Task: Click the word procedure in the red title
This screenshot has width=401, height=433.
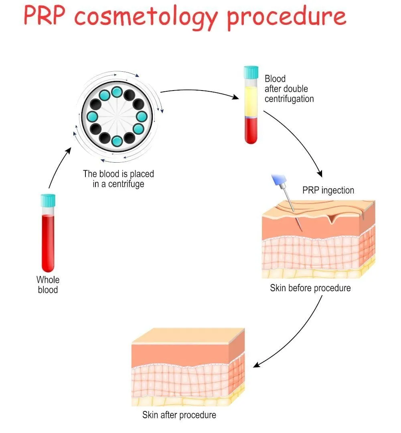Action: [x=286, y=17]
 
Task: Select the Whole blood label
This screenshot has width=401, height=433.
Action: [x=48, y=284]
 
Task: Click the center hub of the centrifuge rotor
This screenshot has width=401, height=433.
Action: [x=116, y=117]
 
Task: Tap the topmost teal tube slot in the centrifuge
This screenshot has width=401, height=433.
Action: [x=117, y=92]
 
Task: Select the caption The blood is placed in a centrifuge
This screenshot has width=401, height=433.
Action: [x=118, y=179]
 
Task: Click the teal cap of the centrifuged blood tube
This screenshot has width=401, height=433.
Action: [x=251, y=73]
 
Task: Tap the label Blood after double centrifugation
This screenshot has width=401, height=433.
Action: [x=289, y=89]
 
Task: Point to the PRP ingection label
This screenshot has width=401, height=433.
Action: [x=328, y=190]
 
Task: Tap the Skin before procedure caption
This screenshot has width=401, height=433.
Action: [x=310, y=288]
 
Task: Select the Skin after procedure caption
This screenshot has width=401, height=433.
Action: [x=179, y=415]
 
